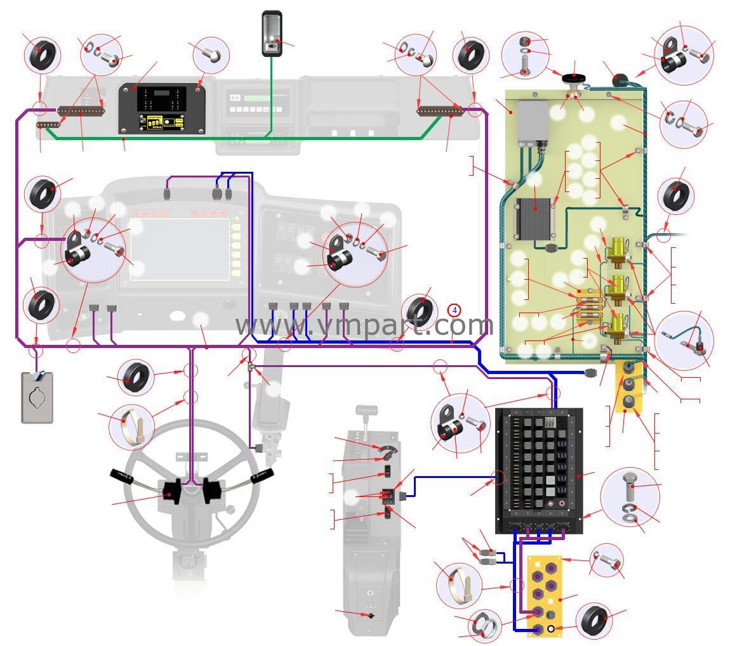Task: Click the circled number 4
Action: click(454, 310)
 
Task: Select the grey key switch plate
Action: click(37, 397)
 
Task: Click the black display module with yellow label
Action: click(161, 108)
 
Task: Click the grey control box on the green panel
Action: click(533, 120)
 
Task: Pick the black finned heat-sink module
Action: click(533, 219)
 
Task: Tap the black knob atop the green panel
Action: click(574, 78)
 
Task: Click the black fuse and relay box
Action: click(538, 470)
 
